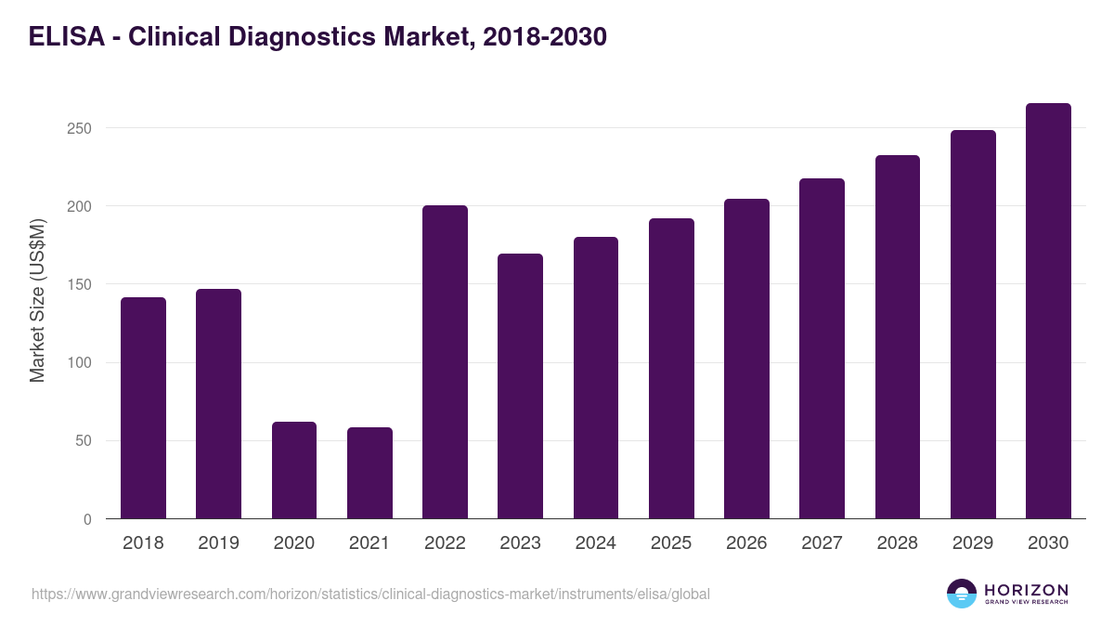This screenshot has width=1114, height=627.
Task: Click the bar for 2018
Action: pos(143,408)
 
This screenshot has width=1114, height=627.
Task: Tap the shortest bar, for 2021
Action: pos(369,473)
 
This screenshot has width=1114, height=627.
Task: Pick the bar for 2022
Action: pos(445,361)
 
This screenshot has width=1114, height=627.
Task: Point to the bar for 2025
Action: pos(671,368)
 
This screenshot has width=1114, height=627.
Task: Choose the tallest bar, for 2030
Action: pos(1048,310)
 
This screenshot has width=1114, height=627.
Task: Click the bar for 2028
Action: pos(898,336)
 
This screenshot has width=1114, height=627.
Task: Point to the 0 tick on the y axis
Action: pos(87,519)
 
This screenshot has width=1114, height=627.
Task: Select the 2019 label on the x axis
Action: pos(218,543)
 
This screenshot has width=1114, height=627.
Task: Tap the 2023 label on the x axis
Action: pos(520,543)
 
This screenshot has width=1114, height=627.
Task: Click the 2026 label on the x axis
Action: pos(746,543)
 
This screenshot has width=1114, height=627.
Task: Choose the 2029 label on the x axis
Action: pos(973,543)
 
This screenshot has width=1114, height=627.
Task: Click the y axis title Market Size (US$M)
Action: pos(37,301)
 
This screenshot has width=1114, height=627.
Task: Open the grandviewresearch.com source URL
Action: pos(371,594)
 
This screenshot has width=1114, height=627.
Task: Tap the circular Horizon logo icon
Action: pos(962,594)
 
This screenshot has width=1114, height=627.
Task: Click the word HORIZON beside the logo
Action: pos(1026,590)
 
